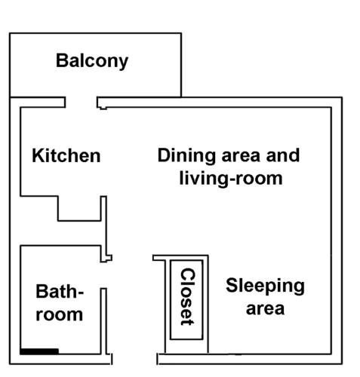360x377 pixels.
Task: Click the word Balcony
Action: point(92,61)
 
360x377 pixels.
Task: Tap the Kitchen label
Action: point(66,156)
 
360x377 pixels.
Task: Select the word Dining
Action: point(186,156)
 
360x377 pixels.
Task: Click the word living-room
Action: point(231,179)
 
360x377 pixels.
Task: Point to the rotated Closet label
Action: point(188,297)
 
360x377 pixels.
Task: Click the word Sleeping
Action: point(265,286)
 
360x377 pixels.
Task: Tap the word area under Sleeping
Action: point(265,309)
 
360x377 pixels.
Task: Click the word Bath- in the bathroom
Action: point(60,292)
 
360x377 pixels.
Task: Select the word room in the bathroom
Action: point(60,314)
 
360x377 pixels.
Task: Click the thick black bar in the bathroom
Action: point(39,351)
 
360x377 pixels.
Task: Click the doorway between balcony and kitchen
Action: point(82,103)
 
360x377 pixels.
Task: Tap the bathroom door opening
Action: point(103,275)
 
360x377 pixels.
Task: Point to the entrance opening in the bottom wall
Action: point(134,359)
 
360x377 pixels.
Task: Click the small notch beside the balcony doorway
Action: point(103,108)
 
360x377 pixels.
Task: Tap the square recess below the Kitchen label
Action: point(79,209)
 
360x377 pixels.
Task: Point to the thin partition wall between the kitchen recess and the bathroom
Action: point(106,228)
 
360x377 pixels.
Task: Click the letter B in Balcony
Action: point(62,60)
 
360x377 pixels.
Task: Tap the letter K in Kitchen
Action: point(38,156)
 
